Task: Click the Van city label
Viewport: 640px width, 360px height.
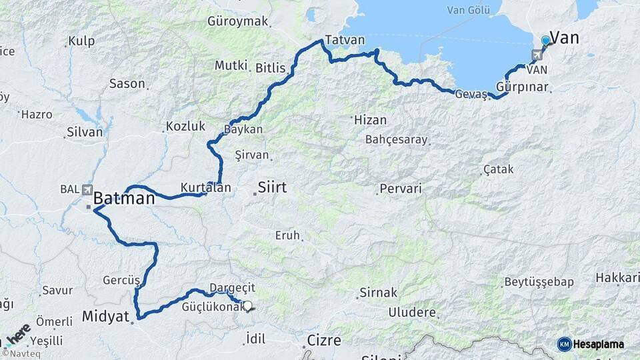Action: tap(564, 38)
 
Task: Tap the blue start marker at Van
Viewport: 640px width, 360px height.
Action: tap(546, 41)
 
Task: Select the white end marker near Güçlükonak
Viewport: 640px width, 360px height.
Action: tap(248, 306)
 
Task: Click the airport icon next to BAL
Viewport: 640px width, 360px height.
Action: tap(88, 189)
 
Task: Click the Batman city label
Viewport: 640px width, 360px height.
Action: tap(124, 198)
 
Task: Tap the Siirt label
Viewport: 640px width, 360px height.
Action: tap(272, 188)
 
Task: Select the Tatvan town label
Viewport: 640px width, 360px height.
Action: tap(345, 40)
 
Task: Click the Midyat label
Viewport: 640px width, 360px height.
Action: tap(105, 316)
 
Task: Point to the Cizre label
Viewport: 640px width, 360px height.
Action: tap(324, 341)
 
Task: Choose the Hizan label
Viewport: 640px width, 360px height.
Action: tap(369, 120)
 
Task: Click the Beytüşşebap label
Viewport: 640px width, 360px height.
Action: tap(539, 282)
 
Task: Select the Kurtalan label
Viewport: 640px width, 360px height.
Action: tap(205, 188)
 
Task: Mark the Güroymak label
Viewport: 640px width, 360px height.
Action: tap(238, 21)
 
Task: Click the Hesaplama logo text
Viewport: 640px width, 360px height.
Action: tap(599, 344)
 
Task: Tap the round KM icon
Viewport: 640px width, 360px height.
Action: tap(564, 344)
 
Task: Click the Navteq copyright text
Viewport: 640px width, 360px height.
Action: tap(18, 353)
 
